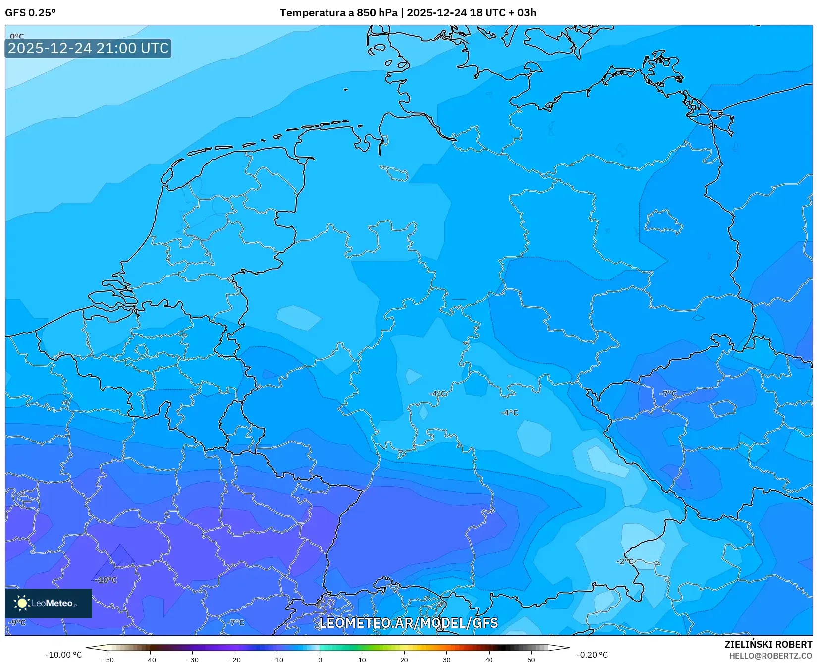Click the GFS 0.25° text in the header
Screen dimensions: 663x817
(30, 13)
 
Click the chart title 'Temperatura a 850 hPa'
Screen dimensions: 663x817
(338, 13)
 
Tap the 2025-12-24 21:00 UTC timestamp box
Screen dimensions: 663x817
(88, 48)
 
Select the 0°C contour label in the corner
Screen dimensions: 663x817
(17, 36)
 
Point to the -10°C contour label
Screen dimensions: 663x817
(106, 580)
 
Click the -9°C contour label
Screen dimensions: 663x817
(17, 623)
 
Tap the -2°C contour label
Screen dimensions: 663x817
(625, 561)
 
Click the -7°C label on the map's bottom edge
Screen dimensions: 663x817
(236, 623)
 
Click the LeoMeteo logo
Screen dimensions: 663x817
(49, 603)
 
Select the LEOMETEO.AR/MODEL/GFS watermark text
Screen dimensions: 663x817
(408, 623)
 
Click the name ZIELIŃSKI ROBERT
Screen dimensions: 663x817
(768, 644)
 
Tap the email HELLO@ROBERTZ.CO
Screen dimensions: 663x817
(770, 656)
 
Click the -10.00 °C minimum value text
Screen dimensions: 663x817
(64, 655)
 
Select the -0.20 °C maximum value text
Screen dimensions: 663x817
(592, 655)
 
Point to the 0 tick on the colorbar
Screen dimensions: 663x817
(320, 660)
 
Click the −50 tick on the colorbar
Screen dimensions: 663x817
(108, 660)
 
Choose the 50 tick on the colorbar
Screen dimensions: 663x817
(531, 660)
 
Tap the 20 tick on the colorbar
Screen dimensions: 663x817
(404, 660)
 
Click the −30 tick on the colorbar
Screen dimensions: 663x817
(193, 660)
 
